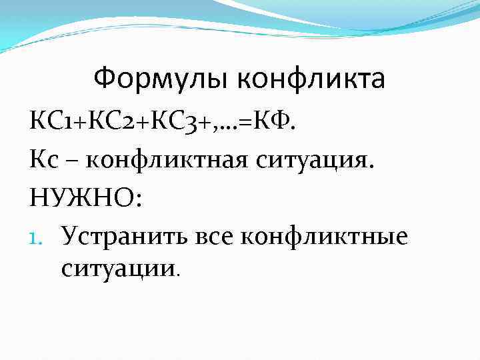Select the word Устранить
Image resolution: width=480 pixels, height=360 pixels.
125,236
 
